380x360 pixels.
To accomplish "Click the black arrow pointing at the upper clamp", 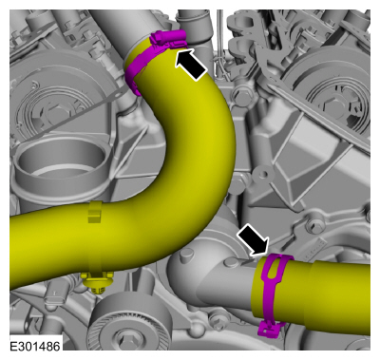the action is point(191,65).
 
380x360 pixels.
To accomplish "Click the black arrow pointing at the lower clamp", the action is point(253,239).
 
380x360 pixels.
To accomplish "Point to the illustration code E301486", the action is point(35,346).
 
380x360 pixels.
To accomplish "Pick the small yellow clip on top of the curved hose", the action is point(95,212).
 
